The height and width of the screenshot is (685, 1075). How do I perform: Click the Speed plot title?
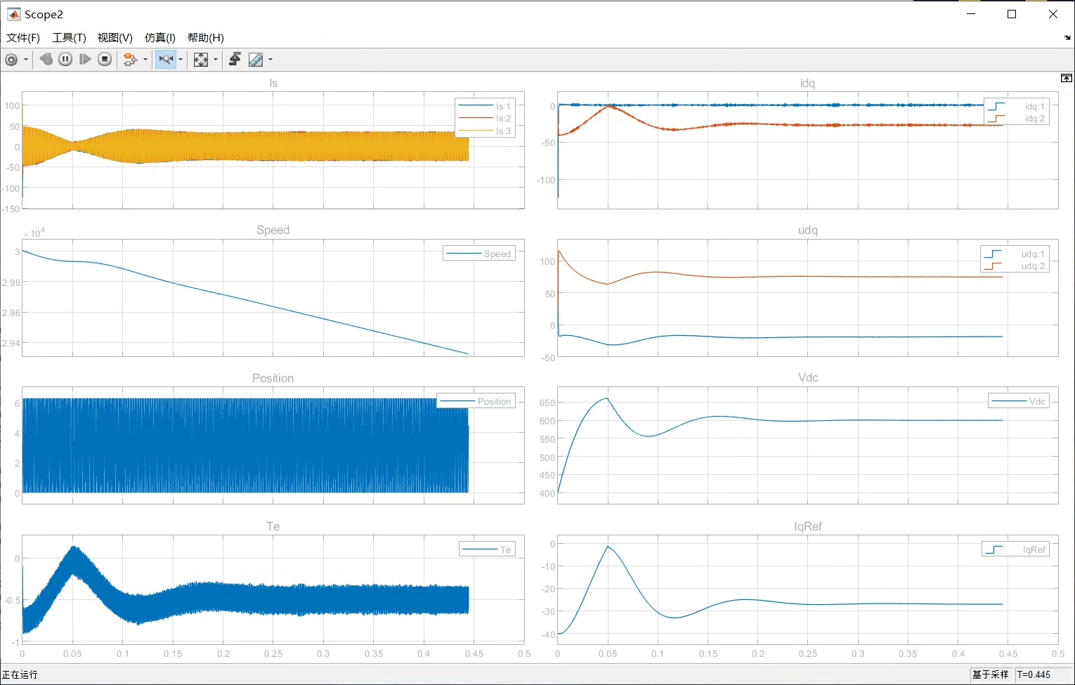tap(273, 230)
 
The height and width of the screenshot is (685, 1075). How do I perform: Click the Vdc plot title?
tap(808, 377)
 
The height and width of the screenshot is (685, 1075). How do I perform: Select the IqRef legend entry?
tap(1015, 549)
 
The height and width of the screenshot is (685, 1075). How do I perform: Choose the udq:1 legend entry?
tap(1015, 254)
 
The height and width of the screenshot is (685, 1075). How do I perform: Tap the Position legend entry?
tap(475, 401)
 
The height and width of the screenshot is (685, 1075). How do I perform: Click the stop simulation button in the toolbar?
tap(104, 60)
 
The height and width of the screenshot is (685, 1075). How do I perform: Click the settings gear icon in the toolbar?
tap(11, 60)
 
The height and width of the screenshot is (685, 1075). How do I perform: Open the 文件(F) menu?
tap(23, 37)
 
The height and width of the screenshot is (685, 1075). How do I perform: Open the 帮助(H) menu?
tap(205, 37)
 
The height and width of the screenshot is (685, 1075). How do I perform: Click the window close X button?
tap(1053, 14)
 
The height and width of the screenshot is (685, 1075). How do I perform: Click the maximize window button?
tap(1012, 14)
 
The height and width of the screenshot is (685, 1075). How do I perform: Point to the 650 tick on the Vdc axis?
tap(547, 403)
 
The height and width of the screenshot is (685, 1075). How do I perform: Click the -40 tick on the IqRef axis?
tap(548, 634)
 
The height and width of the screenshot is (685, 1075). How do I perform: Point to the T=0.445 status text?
tap(1034, 674)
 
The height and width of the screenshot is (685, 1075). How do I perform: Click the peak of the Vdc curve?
tap(607, 398)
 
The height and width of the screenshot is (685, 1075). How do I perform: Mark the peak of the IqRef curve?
tap(608, 547)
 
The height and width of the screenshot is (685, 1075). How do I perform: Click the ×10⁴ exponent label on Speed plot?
tap(34, 233)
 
